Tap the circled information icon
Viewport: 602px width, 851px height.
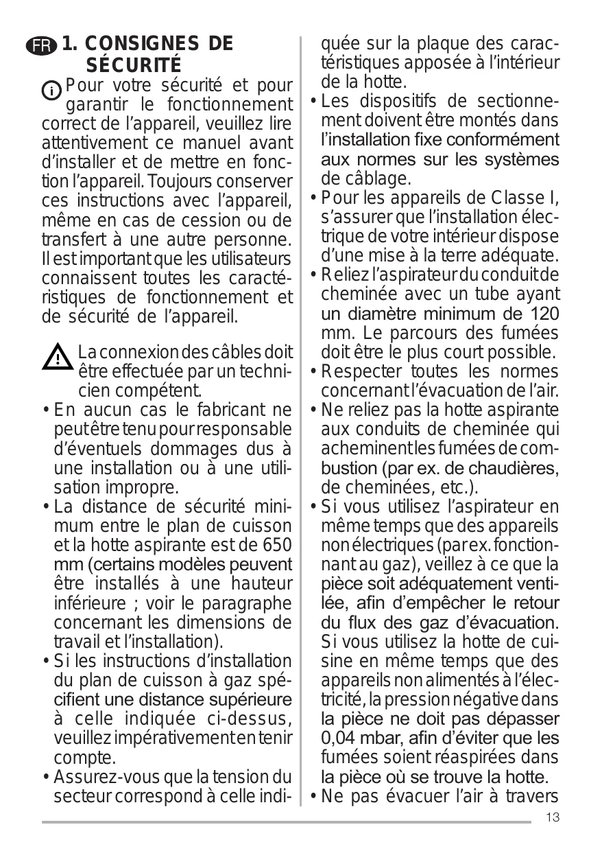pos(51,91)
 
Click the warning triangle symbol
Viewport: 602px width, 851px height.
pos(58,358)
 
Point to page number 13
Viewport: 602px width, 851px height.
pos(554,817)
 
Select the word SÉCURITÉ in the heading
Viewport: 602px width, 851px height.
pos(134,67)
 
